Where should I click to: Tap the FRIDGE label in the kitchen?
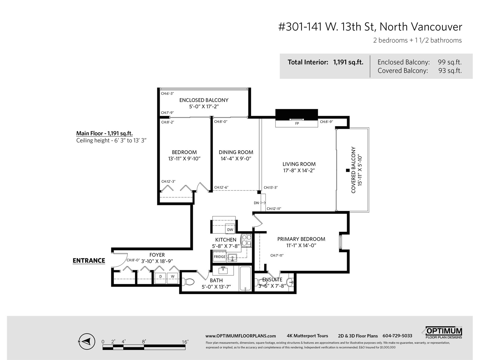point(220,256)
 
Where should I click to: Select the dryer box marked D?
point(160,278)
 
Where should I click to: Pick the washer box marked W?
point(172,278)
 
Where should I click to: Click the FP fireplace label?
point(297,124)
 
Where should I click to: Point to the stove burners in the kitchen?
point(247,240)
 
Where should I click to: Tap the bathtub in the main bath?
point(245,279)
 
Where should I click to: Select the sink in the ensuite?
point(290,282)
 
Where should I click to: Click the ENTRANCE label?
point(89,260)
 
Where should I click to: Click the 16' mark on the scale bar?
point(185,342)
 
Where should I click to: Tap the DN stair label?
point(256,203)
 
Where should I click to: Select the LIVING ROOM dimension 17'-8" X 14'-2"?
point(299,170)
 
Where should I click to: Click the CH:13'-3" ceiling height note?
point(271,187)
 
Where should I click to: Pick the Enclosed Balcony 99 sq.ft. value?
point(450,62)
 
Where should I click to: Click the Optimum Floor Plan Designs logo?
point(442,333)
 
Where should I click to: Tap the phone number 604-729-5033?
point(397,336)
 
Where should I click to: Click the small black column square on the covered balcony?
point(348,170)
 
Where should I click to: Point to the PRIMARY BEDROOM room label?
point(301,239)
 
